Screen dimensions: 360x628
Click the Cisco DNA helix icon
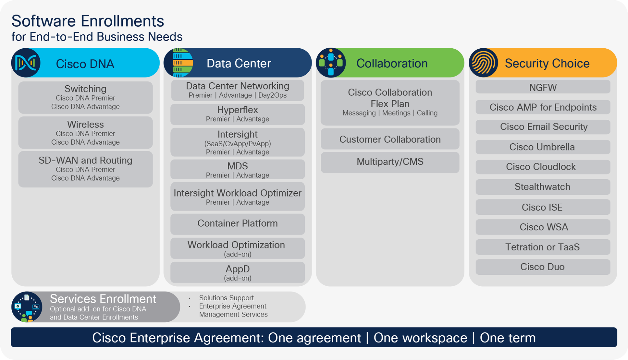pos(26,63)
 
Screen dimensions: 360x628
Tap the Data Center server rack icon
pos(179,63)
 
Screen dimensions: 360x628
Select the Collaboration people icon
pos(331,63)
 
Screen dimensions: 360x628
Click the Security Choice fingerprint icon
pos(484,63)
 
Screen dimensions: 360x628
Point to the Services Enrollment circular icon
pos(27,307)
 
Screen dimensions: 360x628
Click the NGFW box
pos(543,87)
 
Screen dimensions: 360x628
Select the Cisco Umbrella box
pos(543,147)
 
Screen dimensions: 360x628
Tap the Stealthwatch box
pos(543,187)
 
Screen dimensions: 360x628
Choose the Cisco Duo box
pos(543,267)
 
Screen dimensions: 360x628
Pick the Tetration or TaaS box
pos(543,247)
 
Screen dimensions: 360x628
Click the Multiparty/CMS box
pos(390,162)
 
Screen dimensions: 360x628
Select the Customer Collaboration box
pos(390,139)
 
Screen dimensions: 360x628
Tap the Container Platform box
pos(238,223)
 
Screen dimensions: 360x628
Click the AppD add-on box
pos(238,272)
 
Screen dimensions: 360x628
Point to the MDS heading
pos(238,166)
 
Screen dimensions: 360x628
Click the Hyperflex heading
pos(238,110)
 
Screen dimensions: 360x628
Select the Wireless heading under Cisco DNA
pos(85,125)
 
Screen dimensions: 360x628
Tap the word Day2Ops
pos(272,95)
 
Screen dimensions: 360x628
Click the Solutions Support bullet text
pos(226,298)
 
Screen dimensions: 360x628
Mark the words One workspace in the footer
pos(420,338)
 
